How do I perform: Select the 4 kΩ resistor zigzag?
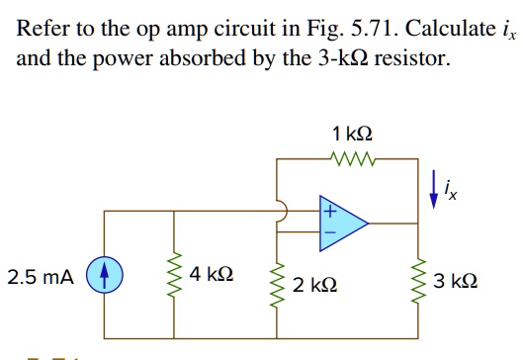click(178, 274)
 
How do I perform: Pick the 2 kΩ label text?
click(315, 285)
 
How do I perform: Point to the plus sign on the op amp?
click(329, 211)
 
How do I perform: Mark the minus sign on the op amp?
click(329, 234)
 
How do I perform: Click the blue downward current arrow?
click(434, 188)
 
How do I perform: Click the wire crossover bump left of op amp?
click(282, 211)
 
